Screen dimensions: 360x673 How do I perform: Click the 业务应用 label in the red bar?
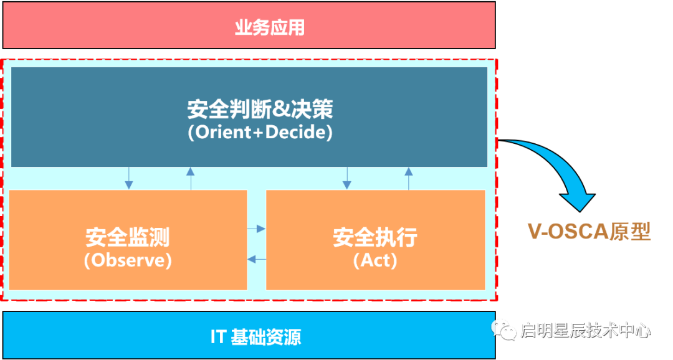pos(269,28)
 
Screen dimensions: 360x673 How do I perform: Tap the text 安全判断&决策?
pos(260,110)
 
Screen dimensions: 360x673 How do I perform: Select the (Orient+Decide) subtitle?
pos(260,133)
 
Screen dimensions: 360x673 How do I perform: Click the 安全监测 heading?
pos(128,237)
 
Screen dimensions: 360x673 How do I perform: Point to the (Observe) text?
pos(128,260)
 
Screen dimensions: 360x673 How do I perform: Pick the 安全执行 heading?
pos(375,237)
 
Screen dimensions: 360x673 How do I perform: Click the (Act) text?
pos(375,260)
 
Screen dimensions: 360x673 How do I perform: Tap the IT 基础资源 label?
pos(255,337)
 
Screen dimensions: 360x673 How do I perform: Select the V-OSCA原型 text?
pos(589,232)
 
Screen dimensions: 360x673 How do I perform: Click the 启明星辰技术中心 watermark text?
pos(585,329)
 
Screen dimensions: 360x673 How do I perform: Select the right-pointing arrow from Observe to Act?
pos(257,229)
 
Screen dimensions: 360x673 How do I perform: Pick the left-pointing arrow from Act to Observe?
pos(257,258)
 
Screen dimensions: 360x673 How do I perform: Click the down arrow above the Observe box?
pos(129,178)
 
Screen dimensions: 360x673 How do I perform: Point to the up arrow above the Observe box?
pos(191,178)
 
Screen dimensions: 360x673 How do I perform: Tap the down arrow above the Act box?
pos(346,178)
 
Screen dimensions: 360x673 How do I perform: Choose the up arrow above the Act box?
pos(409,178)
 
